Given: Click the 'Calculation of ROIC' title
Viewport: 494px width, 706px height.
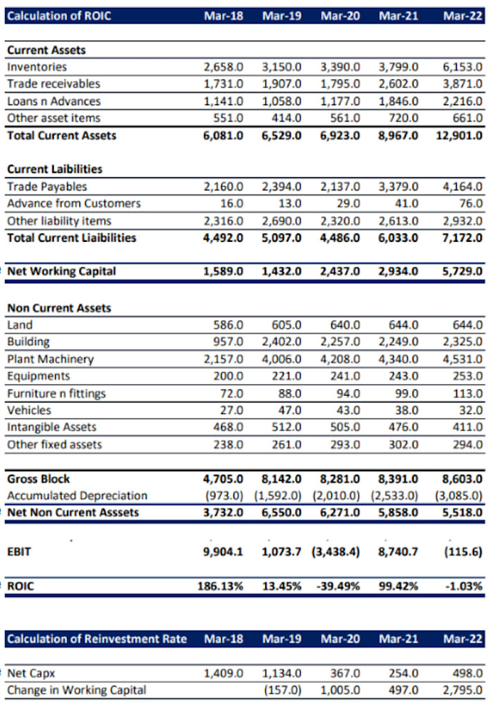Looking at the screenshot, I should pos(59,15).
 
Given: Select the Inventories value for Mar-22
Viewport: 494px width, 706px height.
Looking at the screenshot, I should pos(462,67).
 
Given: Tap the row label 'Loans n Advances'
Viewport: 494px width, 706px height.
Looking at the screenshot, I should pos(54,101).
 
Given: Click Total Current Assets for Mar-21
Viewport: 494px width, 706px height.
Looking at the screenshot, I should pos(398,135).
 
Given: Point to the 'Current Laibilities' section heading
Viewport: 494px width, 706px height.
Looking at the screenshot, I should pos(54,169).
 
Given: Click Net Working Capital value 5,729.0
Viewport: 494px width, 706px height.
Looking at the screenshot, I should pos(462,271).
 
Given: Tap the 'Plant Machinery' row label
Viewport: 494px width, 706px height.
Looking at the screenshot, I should pos(50,359).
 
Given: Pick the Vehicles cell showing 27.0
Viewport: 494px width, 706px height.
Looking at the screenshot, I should pos(231,410).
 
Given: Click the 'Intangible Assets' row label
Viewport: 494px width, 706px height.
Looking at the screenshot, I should pos(52,427).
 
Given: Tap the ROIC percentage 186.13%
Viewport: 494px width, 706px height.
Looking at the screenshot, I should pos(221,585).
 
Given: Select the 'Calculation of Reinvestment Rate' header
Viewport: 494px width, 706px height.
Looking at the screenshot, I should pos(97,638).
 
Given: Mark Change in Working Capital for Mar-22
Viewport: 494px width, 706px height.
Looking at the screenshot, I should pos(462,689).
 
